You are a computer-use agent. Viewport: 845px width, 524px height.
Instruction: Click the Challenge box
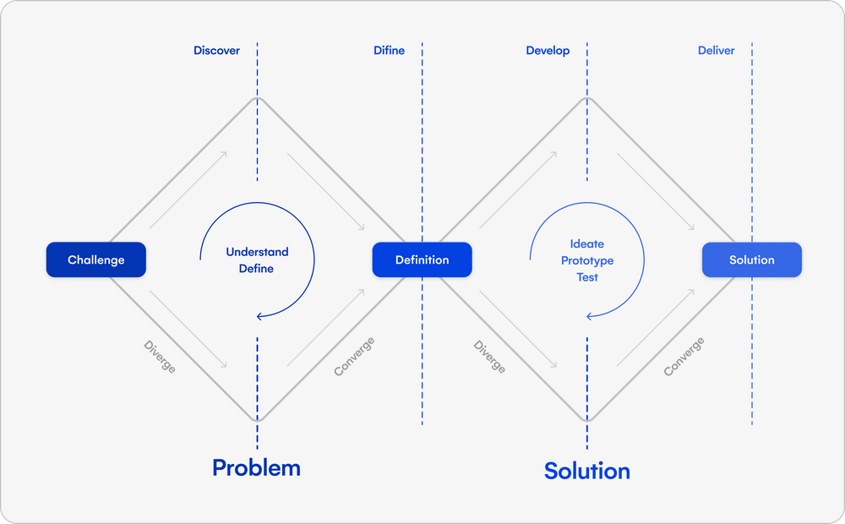point(95,260)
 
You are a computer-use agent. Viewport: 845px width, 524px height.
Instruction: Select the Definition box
point(422,260)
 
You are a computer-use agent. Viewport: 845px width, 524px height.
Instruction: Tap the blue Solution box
point(751,260)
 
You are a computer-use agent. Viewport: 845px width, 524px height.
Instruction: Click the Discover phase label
point(216,51)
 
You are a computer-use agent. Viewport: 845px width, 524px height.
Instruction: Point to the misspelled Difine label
point(389,51)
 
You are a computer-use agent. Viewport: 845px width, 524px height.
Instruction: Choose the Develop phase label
point(548,51)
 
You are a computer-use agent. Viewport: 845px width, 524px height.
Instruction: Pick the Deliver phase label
point(716,51)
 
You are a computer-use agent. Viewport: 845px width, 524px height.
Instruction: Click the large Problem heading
point(256,467)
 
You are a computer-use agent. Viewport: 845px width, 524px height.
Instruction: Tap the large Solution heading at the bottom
point(586,471)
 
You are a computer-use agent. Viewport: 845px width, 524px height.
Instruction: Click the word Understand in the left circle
point(257,252)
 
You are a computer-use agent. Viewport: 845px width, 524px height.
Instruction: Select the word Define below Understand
point(257,269)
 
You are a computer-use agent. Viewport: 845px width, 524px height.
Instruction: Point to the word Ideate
point(586,244)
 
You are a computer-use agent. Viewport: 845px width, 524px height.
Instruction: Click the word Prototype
point(586,260)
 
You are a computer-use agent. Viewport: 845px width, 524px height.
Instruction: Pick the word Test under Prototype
point(586,277)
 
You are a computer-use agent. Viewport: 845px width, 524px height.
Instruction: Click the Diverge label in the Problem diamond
point(159,357)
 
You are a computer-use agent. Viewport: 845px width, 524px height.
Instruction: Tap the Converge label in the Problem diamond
point(354,357)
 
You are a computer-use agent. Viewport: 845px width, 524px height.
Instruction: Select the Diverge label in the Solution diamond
point(489,357)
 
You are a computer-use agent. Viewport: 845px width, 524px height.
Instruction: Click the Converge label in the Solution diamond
point(684,357)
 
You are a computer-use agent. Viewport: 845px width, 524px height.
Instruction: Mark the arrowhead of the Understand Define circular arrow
point(259,316)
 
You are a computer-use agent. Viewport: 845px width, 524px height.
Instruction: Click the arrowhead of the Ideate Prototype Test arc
point(589,316)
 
